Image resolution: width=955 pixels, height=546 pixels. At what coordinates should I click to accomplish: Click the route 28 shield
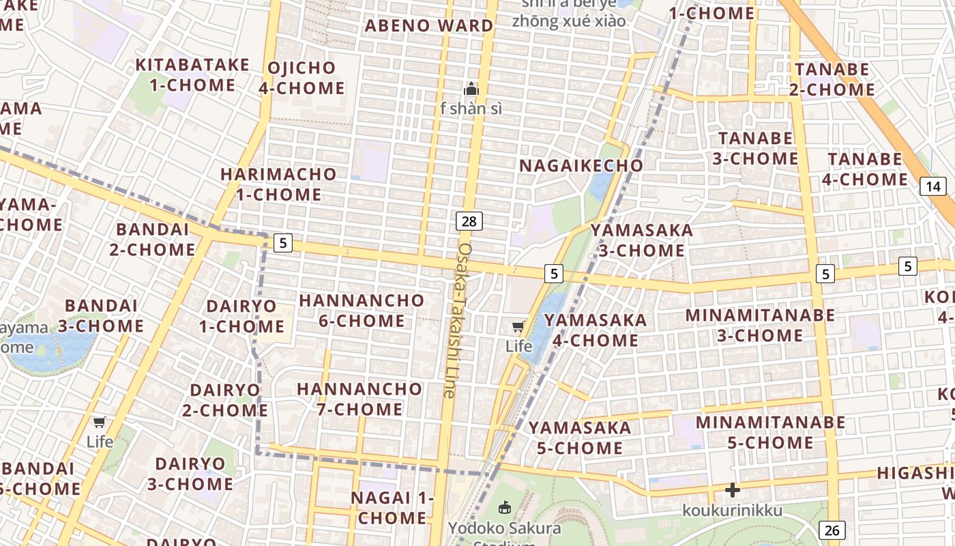pos(469,220)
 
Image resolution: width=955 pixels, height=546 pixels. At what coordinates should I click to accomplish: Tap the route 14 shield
pos(933,186)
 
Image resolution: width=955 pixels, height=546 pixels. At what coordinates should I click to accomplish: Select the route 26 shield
pos(832,530)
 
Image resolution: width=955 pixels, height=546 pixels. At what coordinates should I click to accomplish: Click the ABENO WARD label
pos(429,26)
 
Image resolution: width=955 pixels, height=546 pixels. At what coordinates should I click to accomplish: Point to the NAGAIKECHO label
pos(581,165)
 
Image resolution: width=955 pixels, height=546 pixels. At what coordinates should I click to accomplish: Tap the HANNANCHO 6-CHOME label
pos(362,311)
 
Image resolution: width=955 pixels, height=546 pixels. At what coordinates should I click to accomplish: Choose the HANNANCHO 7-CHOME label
pos(359,399)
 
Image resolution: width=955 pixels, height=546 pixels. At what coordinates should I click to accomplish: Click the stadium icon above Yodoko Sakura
pos(505,507)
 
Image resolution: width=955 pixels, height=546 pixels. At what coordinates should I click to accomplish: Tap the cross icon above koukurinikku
pos(733,490)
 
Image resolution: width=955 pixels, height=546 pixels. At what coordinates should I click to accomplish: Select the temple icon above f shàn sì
pos(471,89)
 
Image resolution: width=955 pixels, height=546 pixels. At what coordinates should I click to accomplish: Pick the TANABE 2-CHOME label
pos(832,79)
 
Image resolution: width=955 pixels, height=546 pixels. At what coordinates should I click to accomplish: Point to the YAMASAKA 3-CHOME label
pos(642,240)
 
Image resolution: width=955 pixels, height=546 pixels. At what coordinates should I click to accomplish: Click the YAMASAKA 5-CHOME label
pos(580,437)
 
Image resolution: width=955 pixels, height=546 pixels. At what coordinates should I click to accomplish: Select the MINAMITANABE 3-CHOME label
pos(760,325)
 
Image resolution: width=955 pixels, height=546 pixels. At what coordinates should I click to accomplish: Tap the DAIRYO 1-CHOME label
pos(241,316)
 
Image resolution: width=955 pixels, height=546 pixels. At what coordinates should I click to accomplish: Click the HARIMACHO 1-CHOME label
pos(278,184)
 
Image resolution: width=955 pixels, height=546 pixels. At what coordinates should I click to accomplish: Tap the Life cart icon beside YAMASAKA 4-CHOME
pos(518,326)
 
